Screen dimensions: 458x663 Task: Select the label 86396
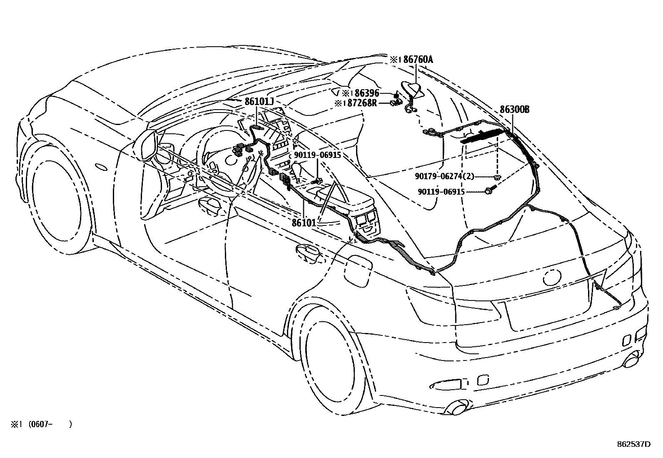(x=366, y=93)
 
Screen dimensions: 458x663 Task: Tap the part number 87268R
(x=362, y=103)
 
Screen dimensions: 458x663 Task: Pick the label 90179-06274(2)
(x=444, y=176)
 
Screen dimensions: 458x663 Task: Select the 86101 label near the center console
(x=304, y=223)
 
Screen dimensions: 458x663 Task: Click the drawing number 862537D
(x=633, y=444)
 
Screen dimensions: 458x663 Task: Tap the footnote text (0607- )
(x=50, y=424)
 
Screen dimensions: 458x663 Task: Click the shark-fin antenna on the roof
(x=412, y=89)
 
